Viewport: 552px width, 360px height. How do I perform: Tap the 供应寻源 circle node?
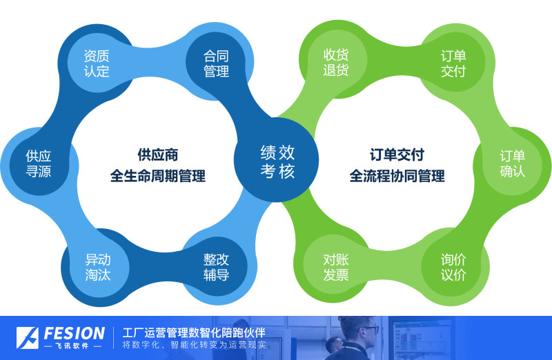[39, 163]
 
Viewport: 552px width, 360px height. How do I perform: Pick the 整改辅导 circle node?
[217, 267]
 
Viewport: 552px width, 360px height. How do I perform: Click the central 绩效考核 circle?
[277, 160]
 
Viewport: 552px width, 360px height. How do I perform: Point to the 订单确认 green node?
[512, 163]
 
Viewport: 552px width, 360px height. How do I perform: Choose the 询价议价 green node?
[453, 267]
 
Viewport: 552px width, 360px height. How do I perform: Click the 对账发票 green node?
[335, 267]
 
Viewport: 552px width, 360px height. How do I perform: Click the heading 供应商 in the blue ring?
[158, 155]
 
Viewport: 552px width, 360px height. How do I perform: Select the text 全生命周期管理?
[158, 176]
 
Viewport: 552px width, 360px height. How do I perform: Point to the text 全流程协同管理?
[397, 176]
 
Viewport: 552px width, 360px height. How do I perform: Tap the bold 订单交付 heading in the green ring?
[397, 155]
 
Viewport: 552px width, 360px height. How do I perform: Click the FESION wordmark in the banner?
[75, 333]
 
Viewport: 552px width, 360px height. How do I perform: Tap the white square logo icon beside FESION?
[27, 338]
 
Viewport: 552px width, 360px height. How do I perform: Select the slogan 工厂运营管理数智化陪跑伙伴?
[194, 332]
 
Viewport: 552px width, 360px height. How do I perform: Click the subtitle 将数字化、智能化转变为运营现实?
[194, 345]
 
